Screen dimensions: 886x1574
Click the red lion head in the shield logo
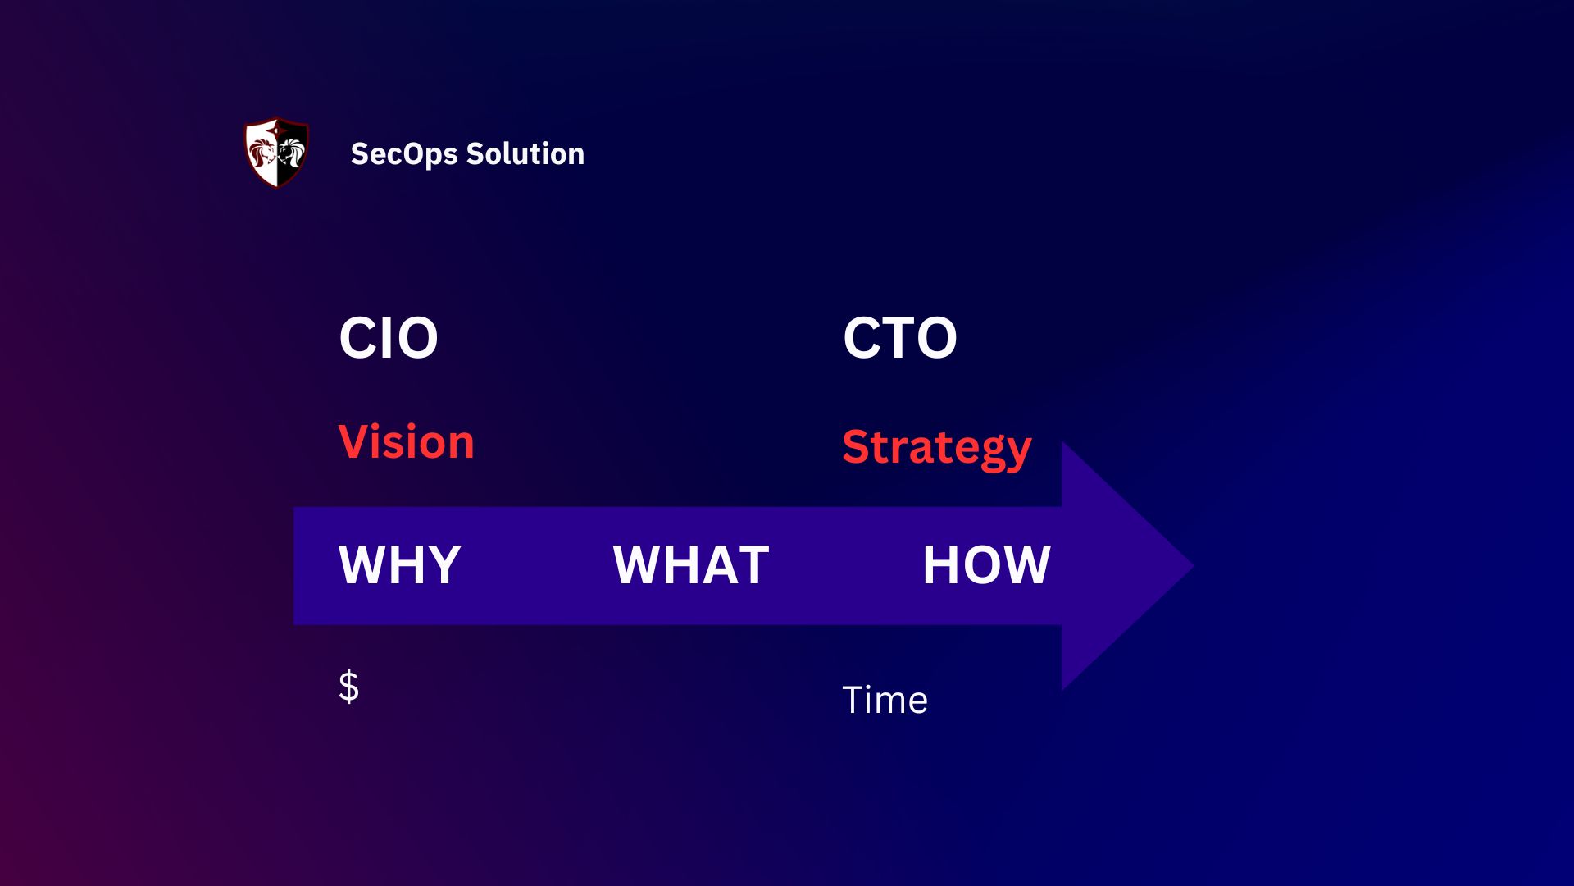[x=262, y=153]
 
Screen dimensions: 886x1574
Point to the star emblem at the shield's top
[x=278, y=127]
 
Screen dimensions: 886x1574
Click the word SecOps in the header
[x=403, y=154]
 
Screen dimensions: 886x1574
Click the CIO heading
[x=389, y=338]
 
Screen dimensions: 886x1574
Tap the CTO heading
[x=899, y=338]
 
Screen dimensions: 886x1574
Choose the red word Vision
[x=407, y=442]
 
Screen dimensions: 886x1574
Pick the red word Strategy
[x=936, y=448]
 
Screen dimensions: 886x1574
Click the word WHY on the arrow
[x=399, y=564]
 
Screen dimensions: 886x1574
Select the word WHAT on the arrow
[x=690, y=564]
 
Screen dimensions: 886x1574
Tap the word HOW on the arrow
[x=985, y=564]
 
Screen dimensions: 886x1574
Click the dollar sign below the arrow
[x=348, y=686]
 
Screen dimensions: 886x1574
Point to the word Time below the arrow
[x=885, y=701]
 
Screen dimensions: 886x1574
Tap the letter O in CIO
[x=415, y=338]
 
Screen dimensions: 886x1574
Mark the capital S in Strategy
[x=858, y=447]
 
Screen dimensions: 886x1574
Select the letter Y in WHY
[x=444, y=564]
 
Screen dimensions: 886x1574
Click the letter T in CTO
[x=899, y=338]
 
